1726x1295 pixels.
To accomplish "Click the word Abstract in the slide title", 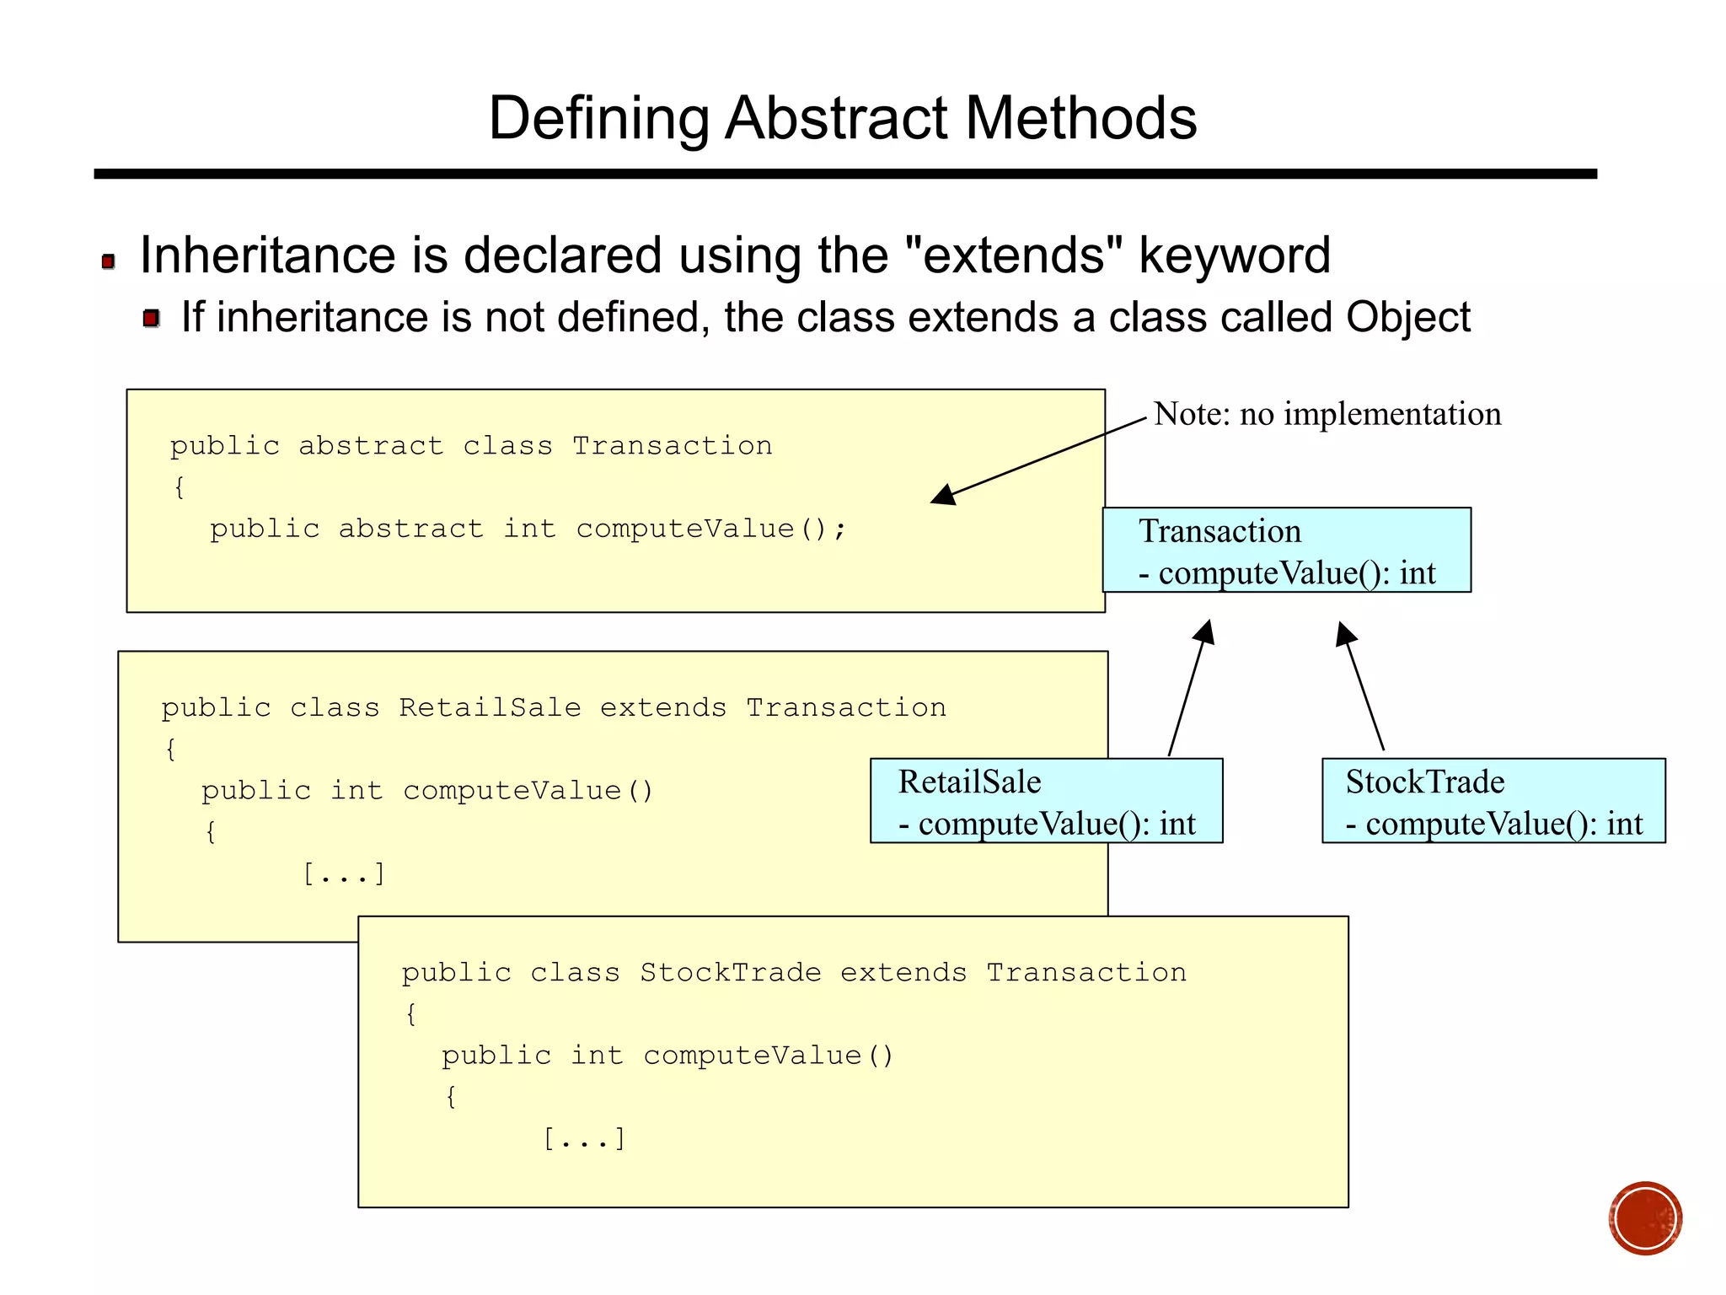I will pos(836,118).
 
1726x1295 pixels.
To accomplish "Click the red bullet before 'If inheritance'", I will pos(152,319).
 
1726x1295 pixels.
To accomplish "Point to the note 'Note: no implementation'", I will pos(1327,414).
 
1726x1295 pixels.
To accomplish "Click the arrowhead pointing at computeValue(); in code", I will pos(944,496).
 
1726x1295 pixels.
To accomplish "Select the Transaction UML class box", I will pos(1286,551).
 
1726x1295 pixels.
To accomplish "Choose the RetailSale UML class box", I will pos(1046,801).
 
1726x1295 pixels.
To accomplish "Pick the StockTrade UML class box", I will pos(1493,801).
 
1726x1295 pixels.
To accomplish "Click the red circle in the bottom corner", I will pos(1644,1218).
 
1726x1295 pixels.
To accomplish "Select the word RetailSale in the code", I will pos(490,707).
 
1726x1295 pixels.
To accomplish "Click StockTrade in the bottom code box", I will pos(730,972).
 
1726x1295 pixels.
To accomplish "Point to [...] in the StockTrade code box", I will pos(584,1139).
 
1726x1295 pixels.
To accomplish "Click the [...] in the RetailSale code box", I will pos(344,874).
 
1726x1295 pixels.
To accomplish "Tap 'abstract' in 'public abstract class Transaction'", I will pos(371,445).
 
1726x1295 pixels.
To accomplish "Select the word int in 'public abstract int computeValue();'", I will pos(529,529).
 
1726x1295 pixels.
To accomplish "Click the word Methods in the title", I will pos(1080,118).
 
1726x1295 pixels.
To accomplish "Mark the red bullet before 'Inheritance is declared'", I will pos(108,261).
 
